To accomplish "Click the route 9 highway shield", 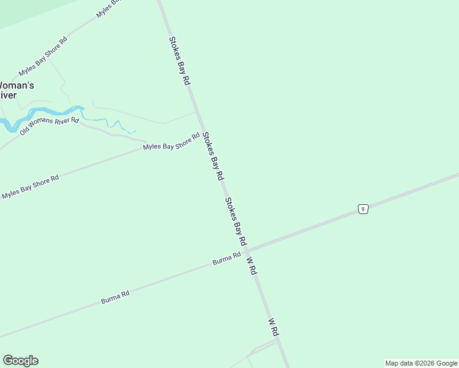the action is point(363,209).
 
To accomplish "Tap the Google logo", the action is point(20,361).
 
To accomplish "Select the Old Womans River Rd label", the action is point(49,126).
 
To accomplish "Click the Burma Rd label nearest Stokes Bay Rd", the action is point(226,259).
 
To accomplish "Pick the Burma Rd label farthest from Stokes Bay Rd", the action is point(115,298).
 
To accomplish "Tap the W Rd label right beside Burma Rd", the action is point(251,265).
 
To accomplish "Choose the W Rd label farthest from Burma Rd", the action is point(274,326).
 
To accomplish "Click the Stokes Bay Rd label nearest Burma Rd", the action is point(235,221).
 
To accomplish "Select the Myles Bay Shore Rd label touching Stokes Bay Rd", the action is point(171,142).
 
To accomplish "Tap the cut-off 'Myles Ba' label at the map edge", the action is point(109,9).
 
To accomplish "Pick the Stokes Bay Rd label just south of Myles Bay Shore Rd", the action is point(213,158).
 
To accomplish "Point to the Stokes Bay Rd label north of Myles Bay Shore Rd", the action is point(180,61).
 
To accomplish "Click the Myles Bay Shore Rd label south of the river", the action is point(29,186).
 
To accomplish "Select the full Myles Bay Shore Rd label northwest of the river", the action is point(42,55).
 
